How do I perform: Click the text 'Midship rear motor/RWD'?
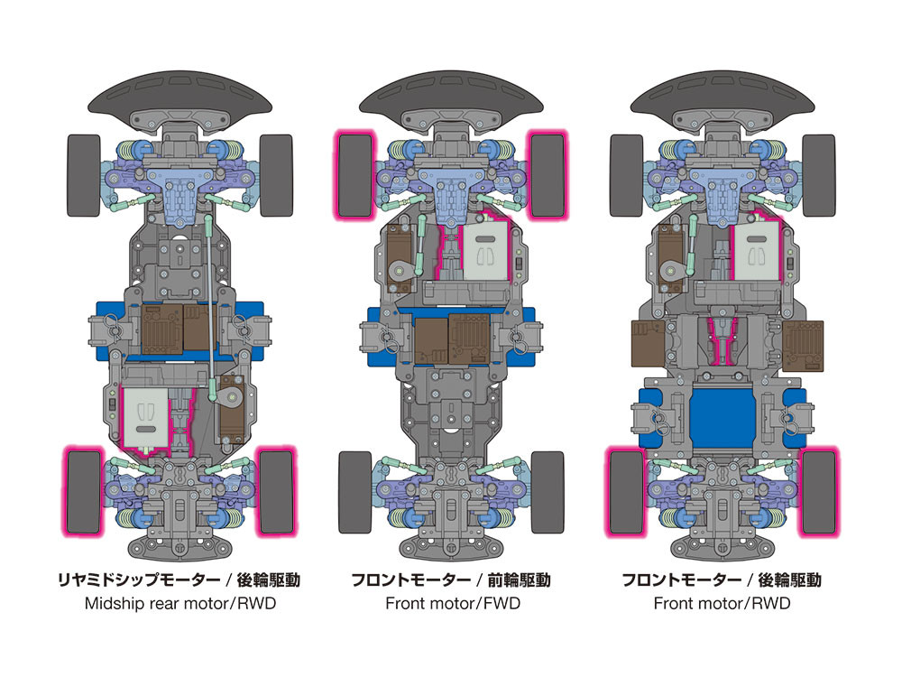click(x=180, y=603)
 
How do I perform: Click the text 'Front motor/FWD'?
click(x=452, y=603)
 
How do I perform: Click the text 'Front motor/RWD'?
click(x=722, y=603)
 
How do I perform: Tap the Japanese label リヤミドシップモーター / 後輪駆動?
click(x=180, y=580)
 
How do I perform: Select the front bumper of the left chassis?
click(x=180, y=96)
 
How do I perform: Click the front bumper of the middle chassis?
click(x=451, y=96)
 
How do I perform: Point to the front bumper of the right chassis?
click(x=722, y=96)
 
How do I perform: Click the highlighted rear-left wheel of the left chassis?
click(x=83, y=491)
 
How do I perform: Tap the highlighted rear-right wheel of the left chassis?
click(x=277, y=491)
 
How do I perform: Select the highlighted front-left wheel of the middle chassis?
click(x=354, y=175)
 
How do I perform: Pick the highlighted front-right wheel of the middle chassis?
click(x=548, y=175)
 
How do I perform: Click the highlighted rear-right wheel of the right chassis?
click(x=818, y=491)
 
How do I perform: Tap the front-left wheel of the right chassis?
click(x=624, y=175)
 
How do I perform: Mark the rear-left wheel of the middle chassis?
click(x=354, y=491)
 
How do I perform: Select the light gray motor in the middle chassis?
click(x=486, y=253)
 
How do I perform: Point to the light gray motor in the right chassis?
click(x=757, y=253)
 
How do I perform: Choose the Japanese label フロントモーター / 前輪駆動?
click(x=451, y=580)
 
